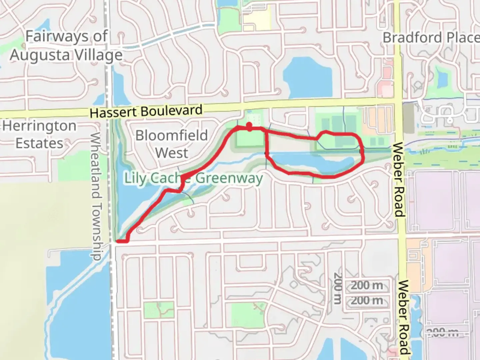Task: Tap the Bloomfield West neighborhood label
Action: point(171,144)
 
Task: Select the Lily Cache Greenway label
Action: point(193,178)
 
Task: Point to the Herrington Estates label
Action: point(39,135)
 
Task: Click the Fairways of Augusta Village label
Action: point(66,46)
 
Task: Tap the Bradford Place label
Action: point(431,38)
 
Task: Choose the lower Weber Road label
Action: point(404,317)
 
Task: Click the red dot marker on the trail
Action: point(249,126)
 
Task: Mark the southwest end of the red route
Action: point(117,241)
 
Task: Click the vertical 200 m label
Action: point(338,288)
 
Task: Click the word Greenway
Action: point(229,178)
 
